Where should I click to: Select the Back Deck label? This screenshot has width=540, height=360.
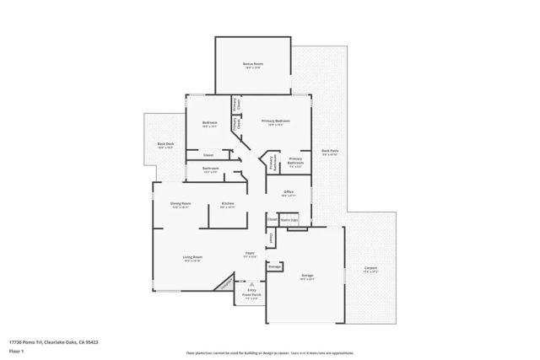tap(165, 144)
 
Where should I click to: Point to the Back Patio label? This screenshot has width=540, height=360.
tap(330, 152)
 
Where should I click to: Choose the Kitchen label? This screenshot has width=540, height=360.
tap(228, 203)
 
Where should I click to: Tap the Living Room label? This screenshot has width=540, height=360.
tap(192, 257)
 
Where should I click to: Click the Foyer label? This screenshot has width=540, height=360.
tap(250, 253)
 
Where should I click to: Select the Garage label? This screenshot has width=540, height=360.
tap(307, 276)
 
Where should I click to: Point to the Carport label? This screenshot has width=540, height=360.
tap(370, 270)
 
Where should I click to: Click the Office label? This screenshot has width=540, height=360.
tap(288, 192)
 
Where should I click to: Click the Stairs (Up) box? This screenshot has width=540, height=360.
tap(289, 220)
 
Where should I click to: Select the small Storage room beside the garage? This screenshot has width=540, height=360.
tap(274, 266)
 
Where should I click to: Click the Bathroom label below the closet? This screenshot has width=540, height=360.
tap(211, 169)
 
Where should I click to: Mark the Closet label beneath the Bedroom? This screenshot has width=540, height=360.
tap(208, 154)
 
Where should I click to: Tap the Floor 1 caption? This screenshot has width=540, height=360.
tap(16, 352)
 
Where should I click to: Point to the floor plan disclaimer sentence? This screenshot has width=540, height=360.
tap(269, 352)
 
